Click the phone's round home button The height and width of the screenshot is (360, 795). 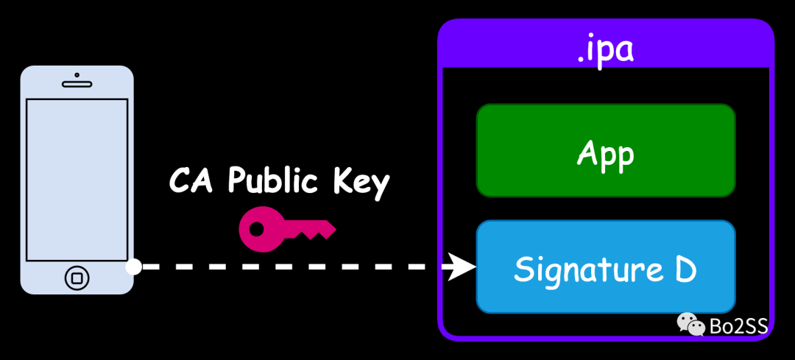point(77,278)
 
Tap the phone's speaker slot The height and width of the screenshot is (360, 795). point(77,85)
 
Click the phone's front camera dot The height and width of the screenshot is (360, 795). point(77,75)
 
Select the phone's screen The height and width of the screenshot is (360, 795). point(77,180)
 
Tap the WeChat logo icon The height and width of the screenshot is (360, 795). point(691,323)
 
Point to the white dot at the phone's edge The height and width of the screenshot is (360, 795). point(134,267)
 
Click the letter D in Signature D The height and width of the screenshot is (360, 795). point(685,269)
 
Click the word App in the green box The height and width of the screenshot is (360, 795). point(605,154)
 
